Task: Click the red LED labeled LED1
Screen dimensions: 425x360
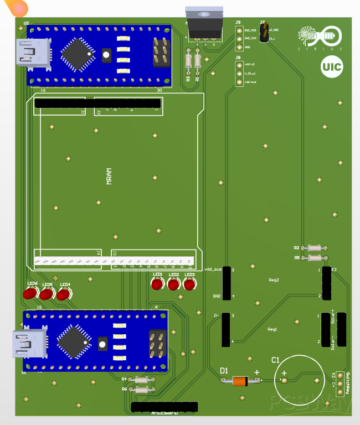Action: pos(158,284)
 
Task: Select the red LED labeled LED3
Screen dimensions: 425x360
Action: pos(190,284)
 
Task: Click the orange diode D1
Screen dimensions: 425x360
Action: pos(240,381)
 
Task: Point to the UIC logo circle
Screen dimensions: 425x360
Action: pos(331,68)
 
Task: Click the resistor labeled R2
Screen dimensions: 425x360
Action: pos(314,248)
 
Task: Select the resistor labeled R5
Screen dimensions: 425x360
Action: pos(314,258)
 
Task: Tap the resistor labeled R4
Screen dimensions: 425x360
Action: pos(141,380)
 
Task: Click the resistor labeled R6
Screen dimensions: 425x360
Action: pos(141,390)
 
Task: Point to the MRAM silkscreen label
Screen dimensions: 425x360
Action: pos(109,176)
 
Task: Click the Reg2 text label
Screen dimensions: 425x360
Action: pos(273,280)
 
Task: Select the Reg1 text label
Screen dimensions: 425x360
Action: pos(272,329)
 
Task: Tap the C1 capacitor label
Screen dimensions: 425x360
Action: pos(275,360)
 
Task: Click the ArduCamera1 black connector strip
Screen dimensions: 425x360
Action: pos(164,407)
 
